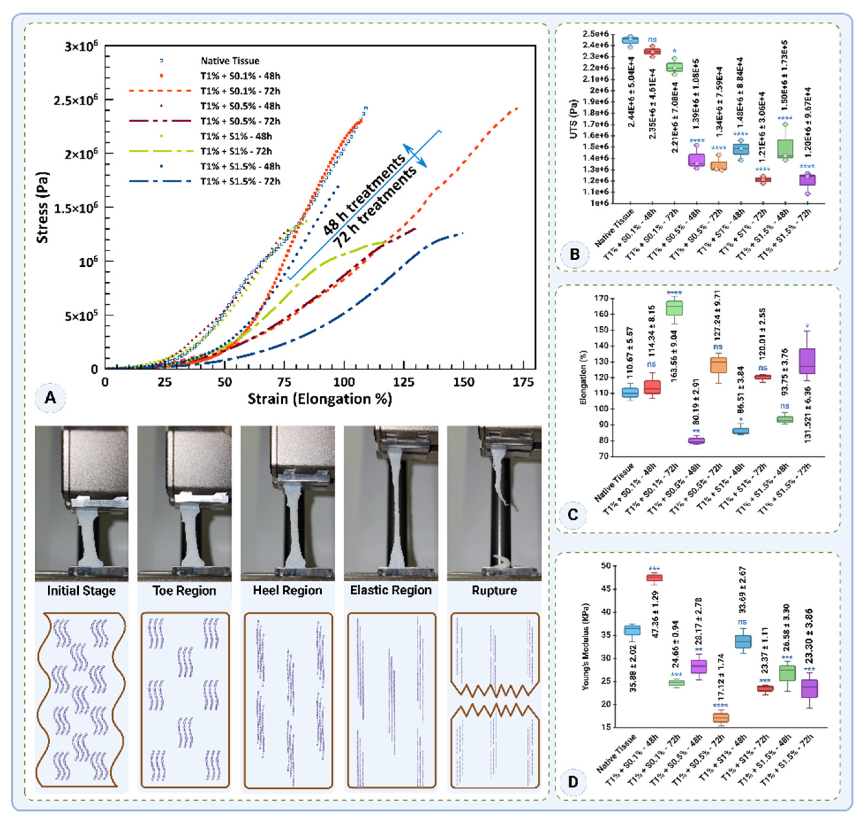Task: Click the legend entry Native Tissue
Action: [230, 61]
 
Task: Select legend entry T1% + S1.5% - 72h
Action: [240, 181]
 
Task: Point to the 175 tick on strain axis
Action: [523, 382]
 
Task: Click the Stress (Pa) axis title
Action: [42, 207]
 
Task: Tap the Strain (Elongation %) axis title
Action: [320, 399]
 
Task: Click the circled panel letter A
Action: [50, 397]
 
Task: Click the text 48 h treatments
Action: [364, 195]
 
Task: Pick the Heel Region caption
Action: [288, 591]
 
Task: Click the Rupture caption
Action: [494, 591]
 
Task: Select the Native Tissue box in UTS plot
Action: [630, 40]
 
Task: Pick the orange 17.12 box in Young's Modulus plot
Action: [720, 718]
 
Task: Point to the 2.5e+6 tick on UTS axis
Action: [595, 34]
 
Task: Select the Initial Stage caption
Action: [81, 591]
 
